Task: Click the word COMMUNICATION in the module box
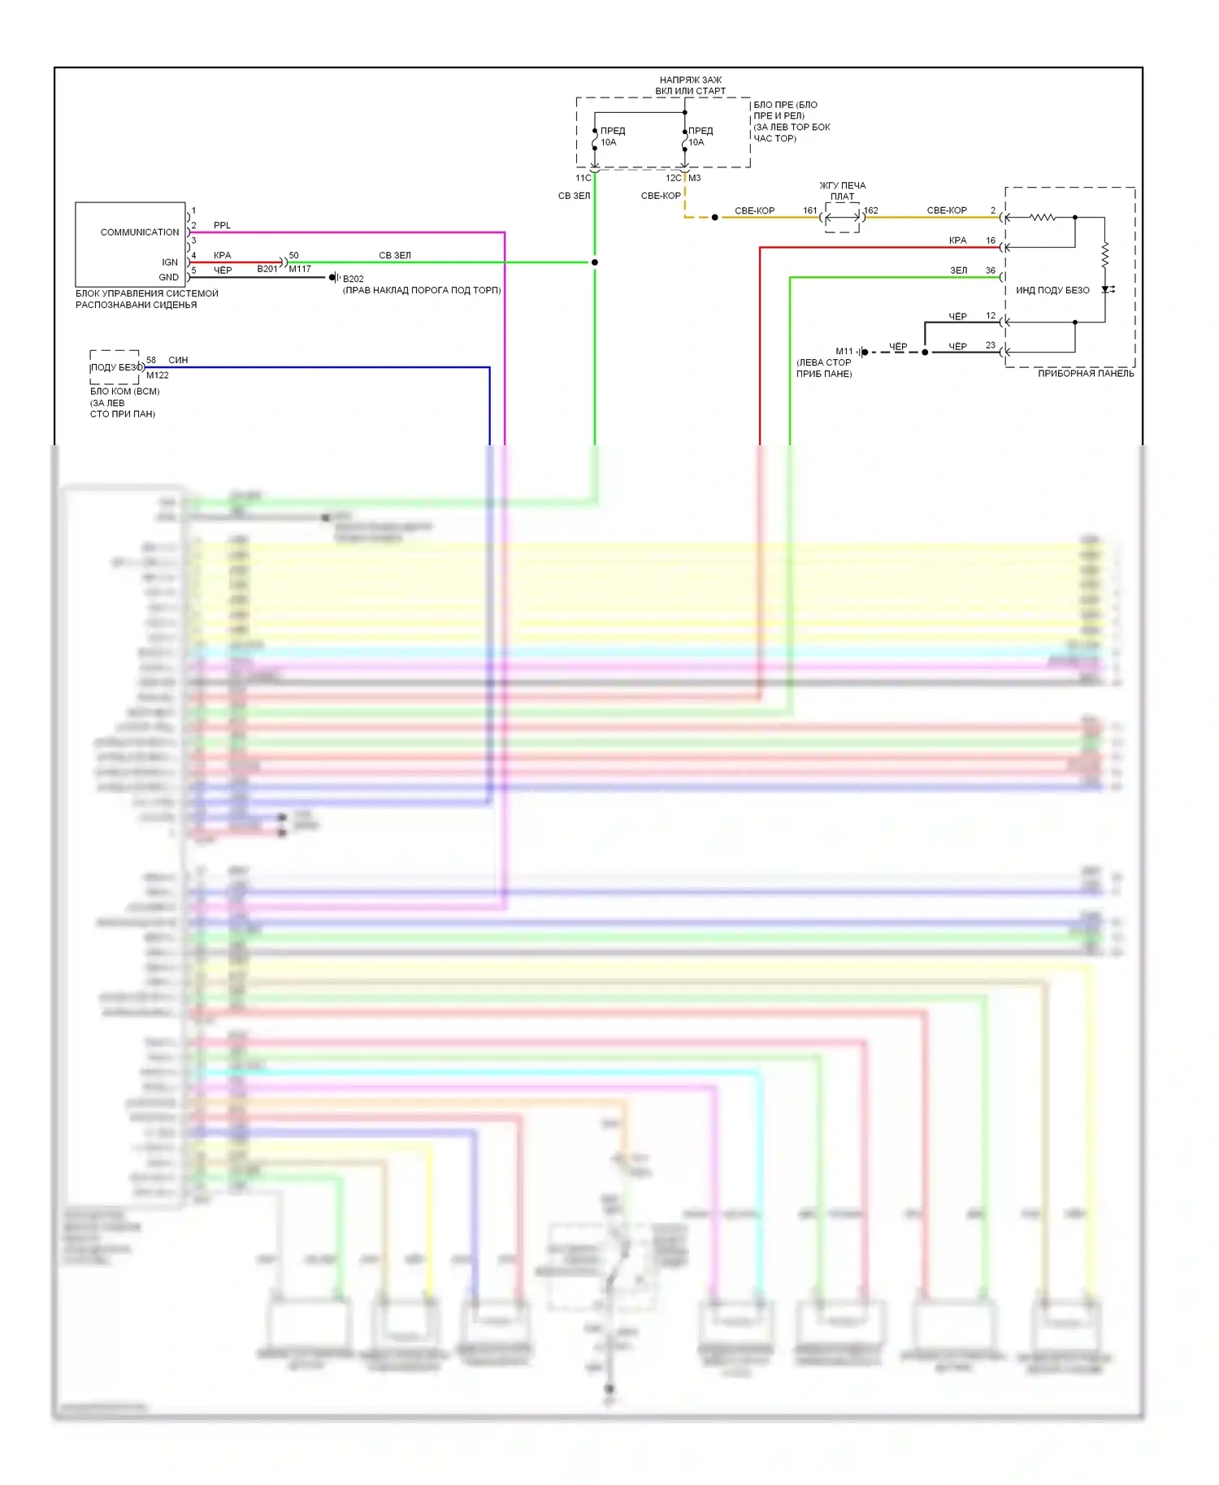(140, 232)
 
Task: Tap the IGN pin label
(170, 262)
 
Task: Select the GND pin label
(169, 278)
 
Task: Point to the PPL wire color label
(222, 225)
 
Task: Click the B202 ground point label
(354, 279)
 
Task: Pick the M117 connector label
(300, 269)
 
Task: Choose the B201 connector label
(267, 269)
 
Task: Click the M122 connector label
(158, 375)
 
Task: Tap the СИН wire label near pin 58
(178, 360)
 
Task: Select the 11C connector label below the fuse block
(583, 178)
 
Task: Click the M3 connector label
(695, 178)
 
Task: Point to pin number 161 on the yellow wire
(810, 210)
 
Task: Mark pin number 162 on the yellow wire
(871, 210)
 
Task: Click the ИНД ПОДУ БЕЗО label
(1052, 290)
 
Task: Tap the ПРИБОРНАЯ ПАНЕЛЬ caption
(1086, 374)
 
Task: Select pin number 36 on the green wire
(991, 271)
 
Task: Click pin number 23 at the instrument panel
(991, 345)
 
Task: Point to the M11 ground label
(844, 352)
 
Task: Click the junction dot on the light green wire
(595, 262)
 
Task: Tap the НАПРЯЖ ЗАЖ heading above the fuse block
(691, 80)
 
